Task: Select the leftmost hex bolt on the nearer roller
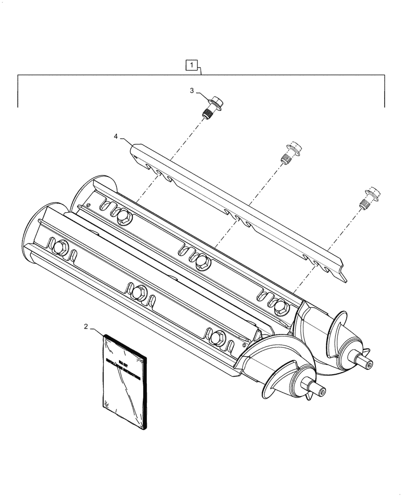[x=63, y=246]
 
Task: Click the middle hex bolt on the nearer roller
[x=139, y=290]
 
